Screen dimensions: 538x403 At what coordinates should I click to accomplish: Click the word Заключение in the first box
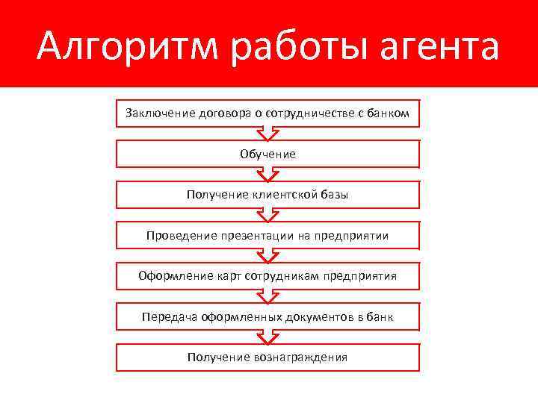coord(159,113)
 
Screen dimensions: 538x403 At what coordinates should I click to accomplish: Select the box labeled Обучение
coord(268,154)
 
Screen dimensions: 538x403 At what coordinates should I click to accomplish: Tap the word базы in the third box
coord(335,195)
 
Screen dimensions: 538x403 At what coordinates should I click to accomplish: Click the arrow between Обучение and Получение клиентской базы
coord(268,174)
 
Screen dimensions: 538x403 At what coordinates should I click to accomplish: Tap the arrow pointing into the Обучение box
coord(268,134)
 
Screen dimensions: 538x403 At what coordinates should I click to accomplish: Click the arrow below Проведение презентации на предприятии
coord(268,255)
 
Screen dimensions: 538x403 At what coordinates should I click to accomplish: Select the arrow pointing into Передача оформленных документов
coord(268,296)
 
